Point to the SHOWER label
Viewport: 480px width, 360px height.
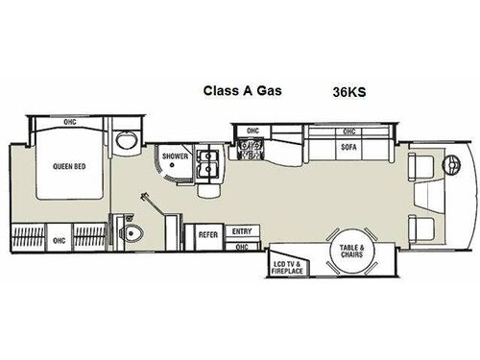[x=174, y=156]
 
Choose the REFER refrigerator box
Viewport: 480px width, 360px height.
[x=207, y=232]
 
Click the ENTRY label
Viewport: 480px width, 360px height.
[x=241, y=231]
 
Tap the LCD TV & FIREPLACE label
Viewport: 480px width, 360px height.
[x=286, y=268]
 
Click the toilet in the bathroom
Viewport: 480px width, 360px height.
[x=134, y=233]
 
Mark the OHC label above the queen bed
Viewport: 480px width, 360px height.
[x=69, y=122]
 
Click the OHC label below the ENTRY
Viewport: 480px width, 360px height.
[x=242, y=247]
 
